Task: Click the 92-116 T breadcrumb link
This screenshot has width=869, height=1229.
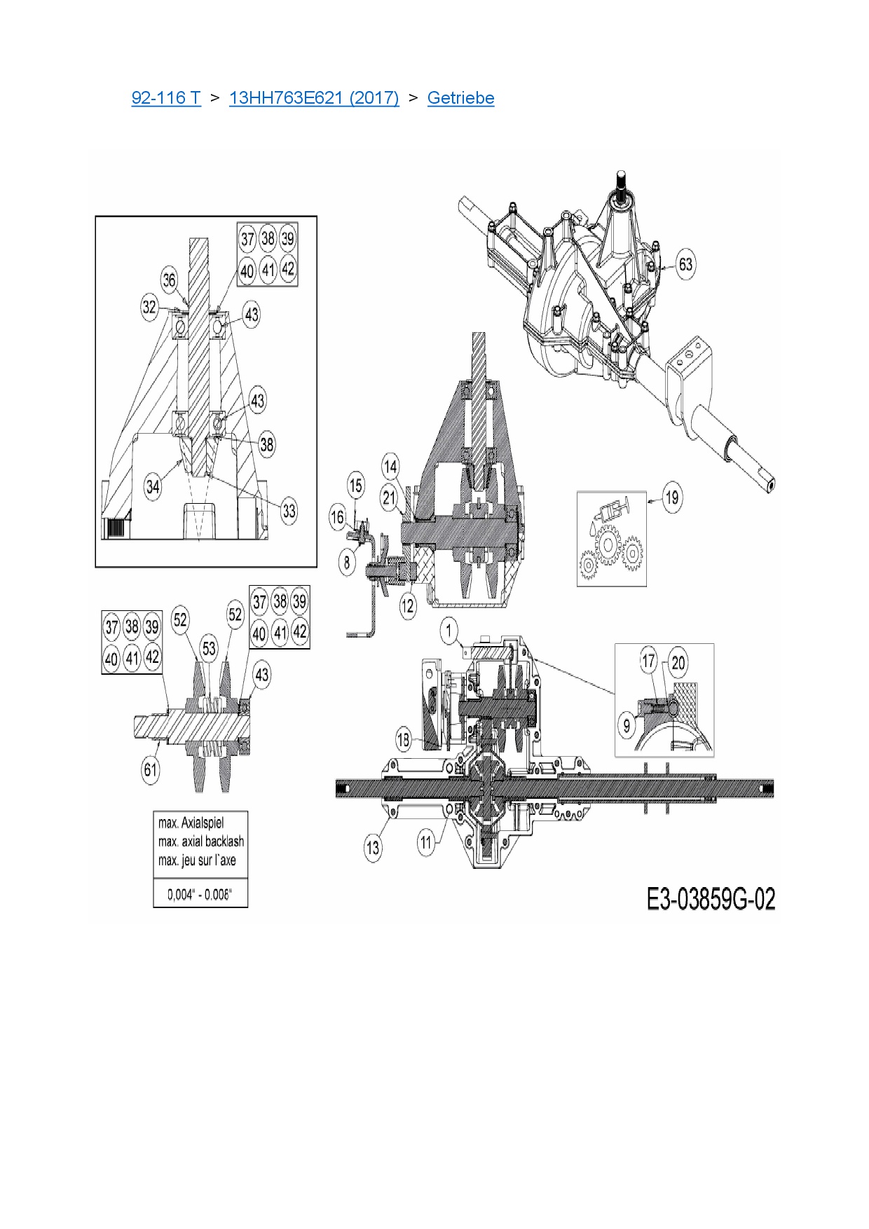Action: point(166,98)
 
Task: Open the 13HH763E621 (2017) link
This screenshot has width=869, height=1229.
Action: point(314,98)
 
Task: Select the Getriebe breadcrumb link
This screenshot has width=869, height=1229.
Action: point(460,98)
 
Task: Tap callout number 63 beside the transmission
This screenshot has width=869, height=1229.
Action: point(685,264)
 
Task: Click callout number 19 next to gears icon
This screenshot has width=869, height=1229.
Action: point(671,497)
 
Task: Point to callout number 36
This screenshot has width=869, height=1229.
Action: point(170,280)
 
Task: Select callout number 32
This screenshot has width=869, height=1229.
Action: point(149,307)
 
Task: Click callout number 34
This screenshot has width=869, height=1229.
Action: point(153,486)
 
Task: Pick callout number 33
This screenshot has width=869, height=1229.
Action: point(289,511)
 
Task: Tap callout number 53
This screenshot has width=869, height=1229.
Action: point(208,648)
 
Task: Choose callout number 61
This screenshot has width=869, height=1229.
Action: point(151,769)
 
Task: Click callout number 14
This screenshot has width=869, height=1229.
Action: point(390,466)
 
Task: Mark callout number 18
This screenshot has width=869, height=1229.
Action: point(404,739)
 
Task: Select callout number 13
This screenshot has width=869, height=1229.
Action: point(373,847)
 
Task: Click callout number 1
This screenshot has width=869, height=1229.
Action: point(449,631)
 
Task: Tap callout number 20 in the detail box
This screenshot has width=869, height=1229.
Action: point(678,662)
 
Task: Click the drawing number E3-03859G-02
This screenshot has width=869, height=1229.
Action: point(711,899)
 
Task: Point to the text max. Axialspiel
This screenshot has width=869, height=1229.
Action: point(191,823)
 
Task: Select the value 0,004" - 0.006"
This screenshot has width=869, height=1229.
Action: point(200,895)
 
